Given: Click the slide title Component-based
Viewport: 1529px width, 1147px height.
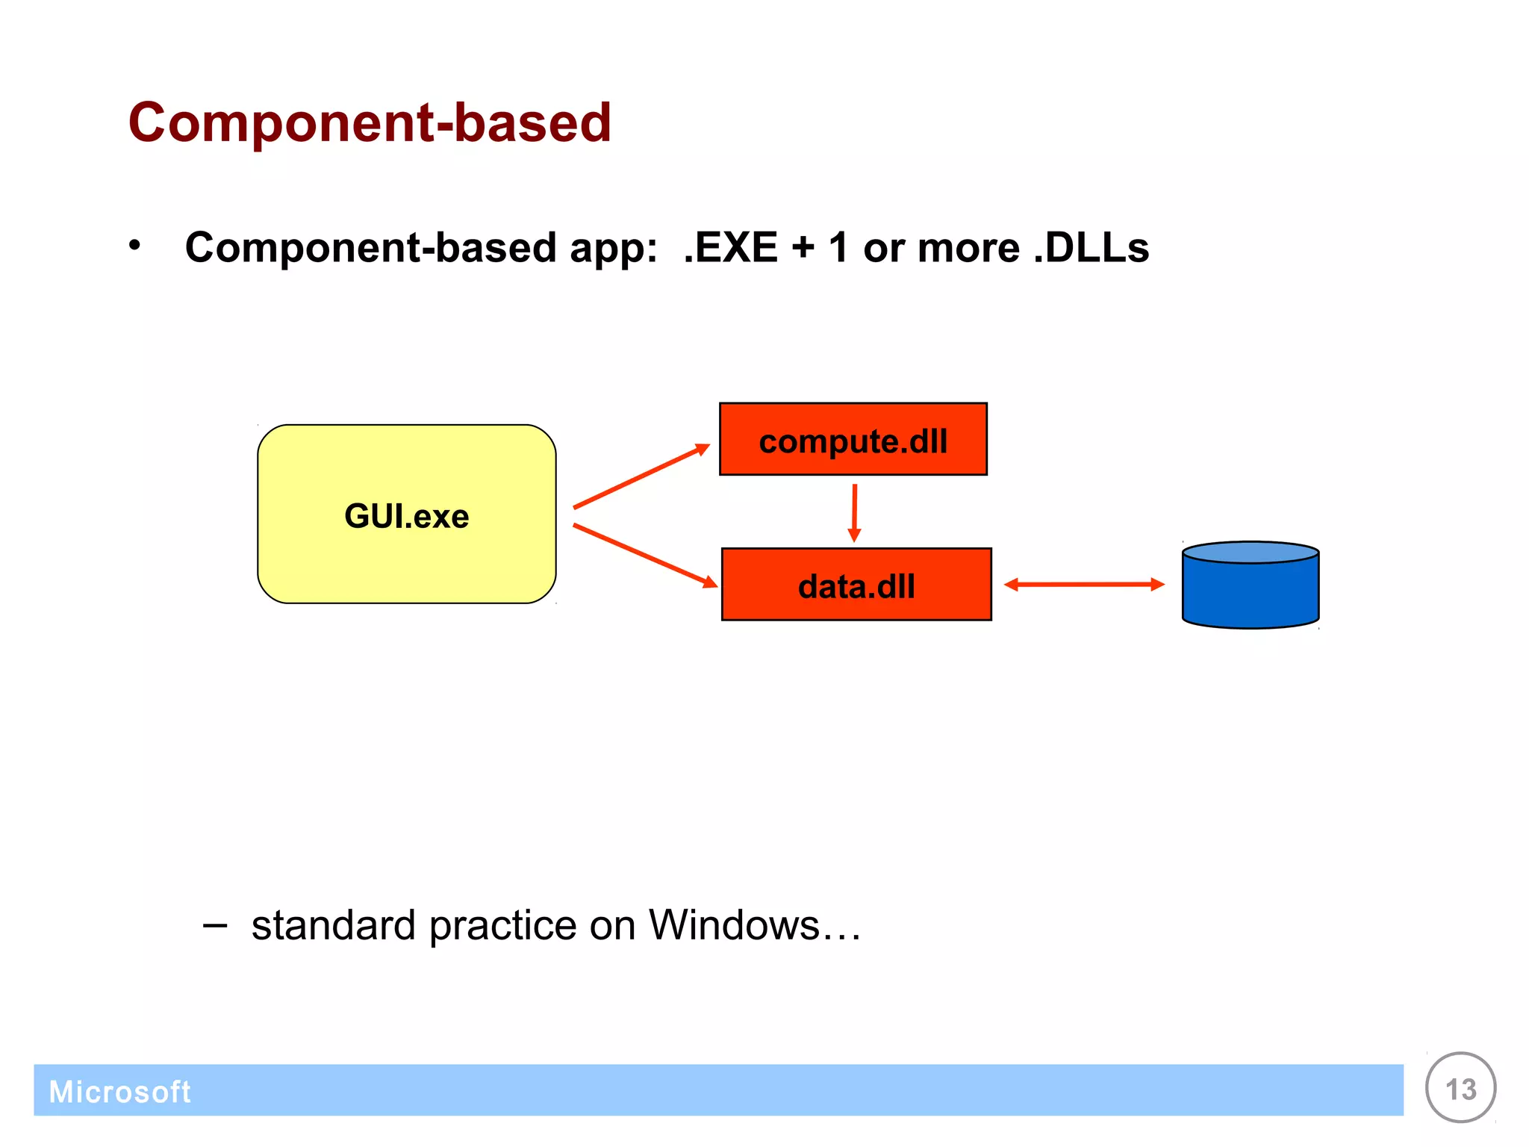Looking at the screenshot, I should [x=370, y=122].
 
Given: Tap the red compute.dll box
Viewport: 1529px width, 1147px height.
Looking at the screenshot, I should [x=853, y=440].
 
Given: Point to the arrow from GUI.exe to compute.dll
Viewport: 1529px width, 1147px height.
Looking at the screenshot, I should [x=641, y=476].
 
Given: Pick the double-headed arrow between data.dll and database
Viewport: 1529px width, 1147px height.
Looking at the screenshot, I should [x=1084, y=585].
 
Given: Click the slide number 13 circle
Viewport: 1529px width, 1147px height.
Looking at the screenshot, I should [x=1460, y=1088].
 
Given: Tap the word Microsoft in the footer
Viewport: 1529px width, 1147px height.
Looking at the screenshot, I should [x=119, y=1092].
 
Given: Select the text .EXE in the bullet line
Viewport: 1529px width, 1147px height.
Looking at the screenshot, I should [x=730, y=248].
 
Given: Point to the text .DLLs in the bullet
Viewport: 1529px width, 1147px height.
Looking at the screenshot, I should [x=1091, y=248].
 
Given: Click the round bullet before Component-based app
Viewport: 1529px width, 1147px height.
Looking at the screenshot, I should [x=134, y=245].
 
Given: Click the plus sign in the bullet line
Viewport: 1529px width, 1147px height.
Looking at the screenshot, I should [x=803, y=248].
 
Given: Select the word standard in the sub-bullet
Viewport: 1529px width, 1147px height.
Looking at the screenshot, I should [x=333, y=925].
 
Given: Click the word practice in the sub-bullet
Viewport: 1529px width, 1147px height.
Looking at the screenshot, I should [x=502, y=927].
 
